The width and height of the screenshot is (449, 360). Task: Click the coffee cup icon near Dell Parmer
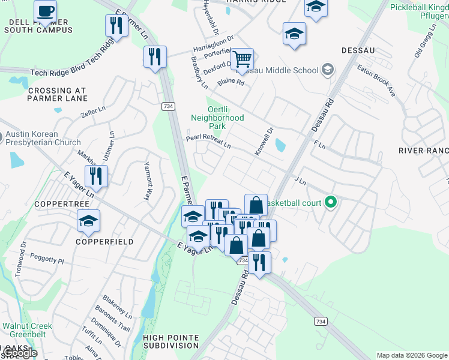46,11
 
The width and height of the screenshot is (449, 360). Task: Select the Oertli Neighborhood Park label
217,118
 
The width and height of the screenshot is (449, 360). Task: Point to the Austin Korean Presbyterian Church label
40,139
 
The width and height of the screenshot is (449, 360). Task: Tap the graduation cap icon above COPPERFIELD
88,221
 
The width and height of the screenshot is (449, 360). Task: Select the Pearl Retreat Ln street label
208,140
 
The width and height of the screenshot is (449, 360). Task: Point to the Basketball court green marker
330,202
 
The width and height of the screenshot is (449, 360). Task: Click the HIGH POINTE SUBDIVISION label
171,341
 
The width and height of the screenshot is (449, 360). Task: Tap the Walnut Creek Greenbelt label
26,331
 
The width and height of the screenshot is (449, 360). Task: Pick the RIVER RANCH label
424,151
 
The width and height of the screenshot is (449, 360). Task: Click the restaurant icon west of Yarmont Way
96,176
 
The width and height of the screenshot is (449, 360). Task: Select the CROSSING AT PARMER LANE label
57,95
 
